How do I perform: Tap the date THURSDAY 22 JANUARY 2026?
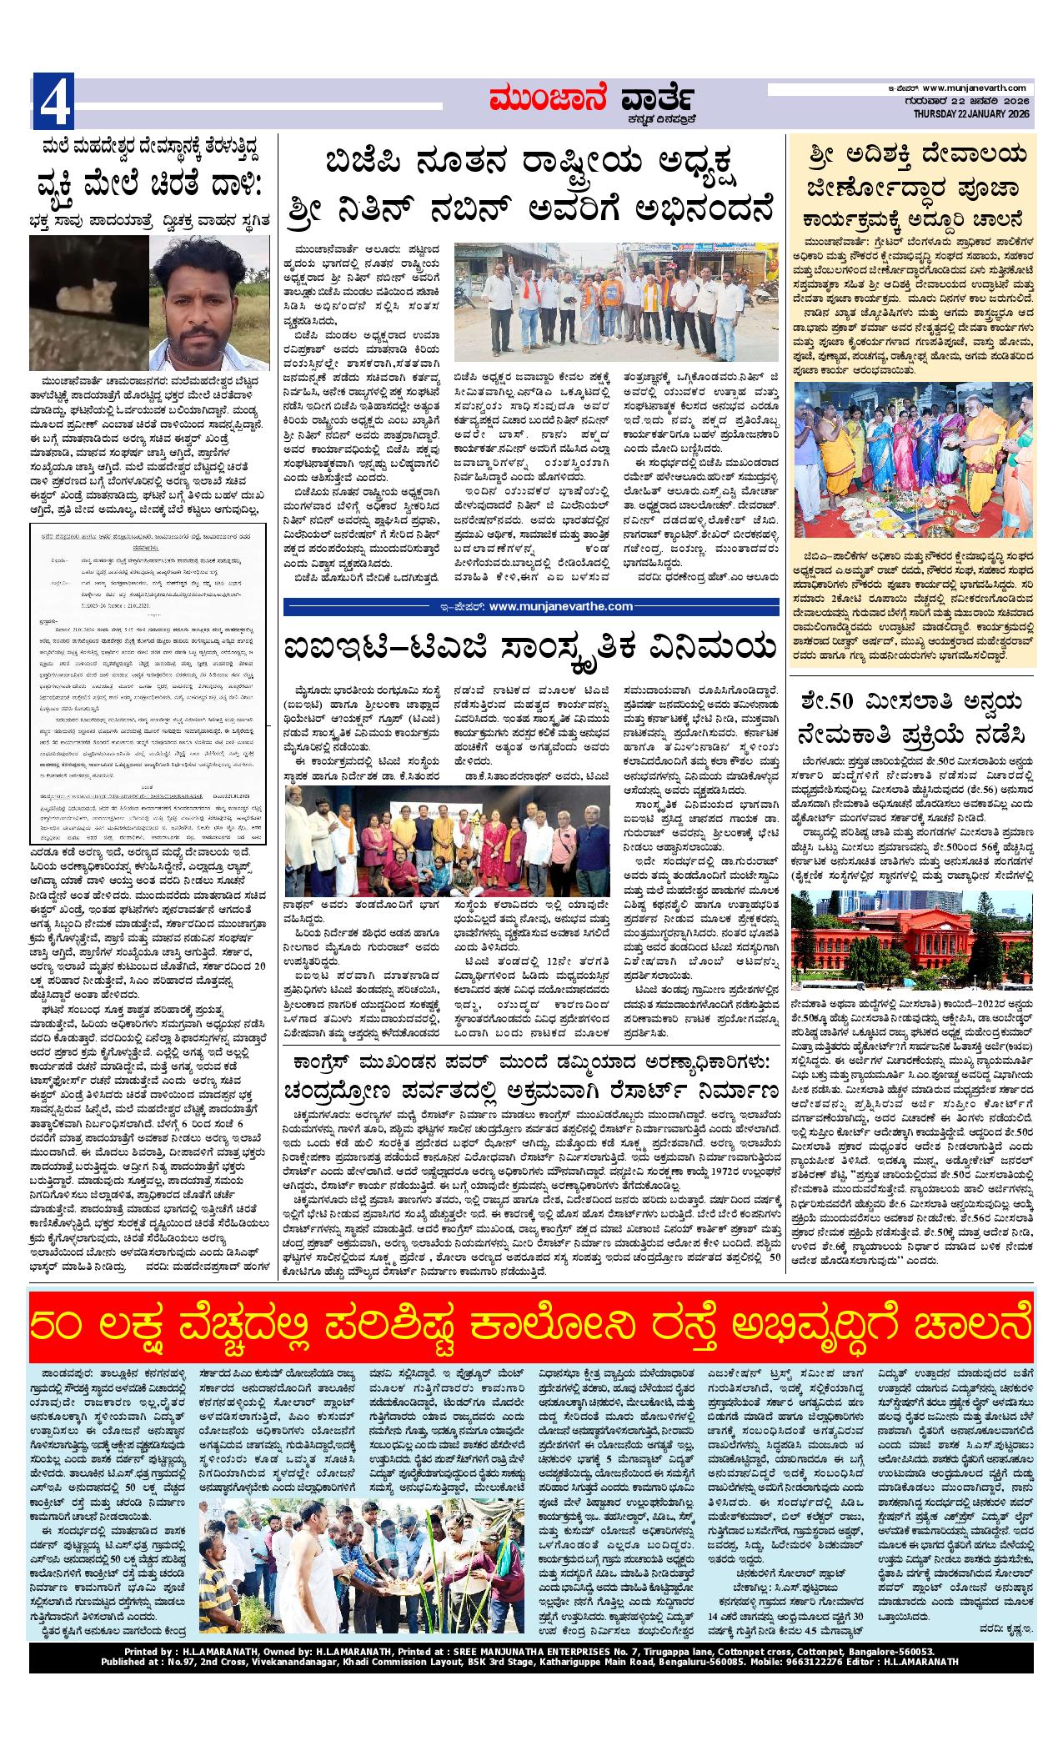pos(972,114)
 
